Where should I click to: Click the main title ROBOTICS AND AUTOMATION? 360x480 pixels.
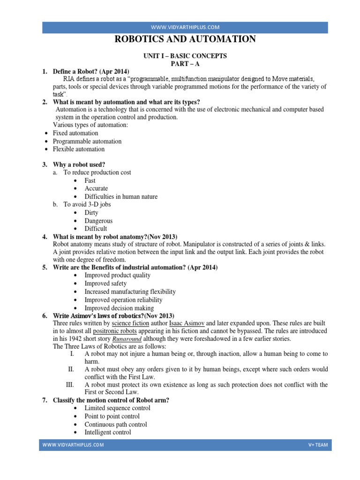pyautogui.click(x=186, y=39)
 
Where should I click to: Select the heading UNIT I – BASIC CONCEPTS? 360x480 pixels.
pyautogui.click(x=185, y=56)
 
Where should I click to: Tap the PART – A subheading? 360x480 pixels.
pyautogui.click(x=185, y=63)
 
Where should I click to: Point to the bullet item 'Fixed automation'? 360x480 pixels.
pyautogui.click(x=75, y=133)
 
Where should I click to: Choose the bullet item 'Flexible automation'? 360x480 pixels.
pyautogui.click(x=79, y=149)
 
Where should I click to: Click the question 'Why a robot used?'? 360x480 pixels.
pyautogui.click(x=79, y=165)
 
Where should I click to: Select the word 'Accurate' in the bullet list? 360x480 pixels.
pyautogui.click(x=96, y=188)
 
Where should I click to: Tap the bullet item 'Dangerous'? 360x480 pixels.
pyautogui.click(x=98, y=220)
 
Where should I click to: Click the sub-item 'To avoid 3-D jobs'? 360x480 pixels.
pyautogui.click(x=88, y=204)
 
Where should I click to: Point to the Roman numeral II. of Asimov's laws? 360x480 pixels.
pyautogui.click(x=71, y=369)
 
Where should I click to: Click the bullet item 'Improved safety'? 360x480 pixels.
pyautogui.click(x=105, y=284)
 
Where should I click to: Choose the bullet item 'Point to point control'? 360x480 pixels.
pyautogui.click(x=112, y=416)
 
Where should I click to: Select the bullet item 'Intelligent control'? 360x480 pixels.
pyautogui.click(x=108, y=432)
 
